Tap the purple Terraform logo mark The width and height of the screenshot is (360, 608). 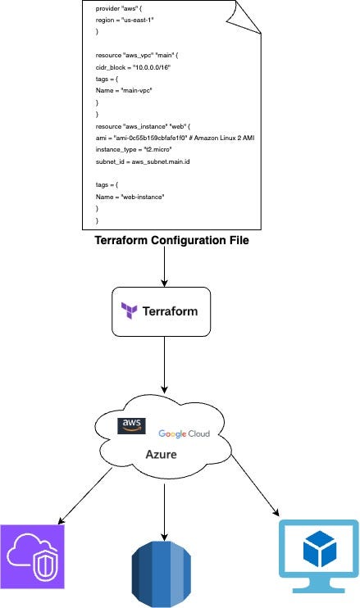pyautogui.click(x=130, y=311)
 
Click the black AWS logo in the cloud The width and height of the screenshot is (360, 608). pyautogui.click(x=131, y=425)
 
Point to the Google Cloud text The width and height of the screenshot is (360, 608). pyautogui.click(x=184, y=433)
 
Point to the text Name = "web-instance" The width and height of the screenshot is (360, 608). pyautogui.click(x=130, y=197)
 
